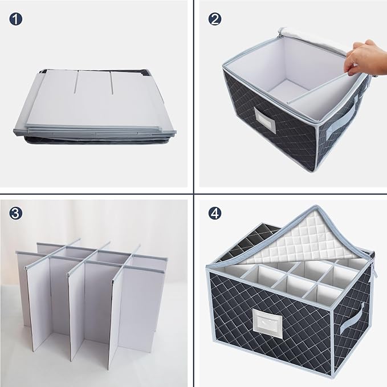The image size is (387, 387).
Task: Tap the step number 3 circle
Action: (x=17, y=214)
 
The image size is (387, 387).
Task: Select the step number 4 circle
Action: (x=215, y=214)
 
